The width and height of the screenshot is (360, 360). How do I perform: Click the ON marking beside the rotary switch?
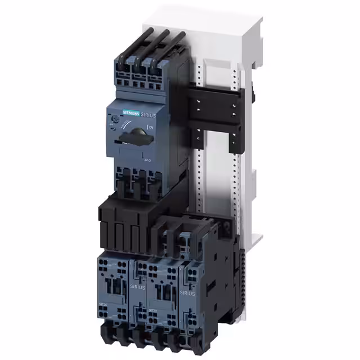(150, 128)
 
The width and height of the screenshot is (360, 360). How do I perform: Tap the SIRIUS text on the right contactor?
(187, 293)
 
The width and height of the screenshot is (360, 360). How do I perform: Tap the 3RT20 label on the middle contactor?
(152, 310)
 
